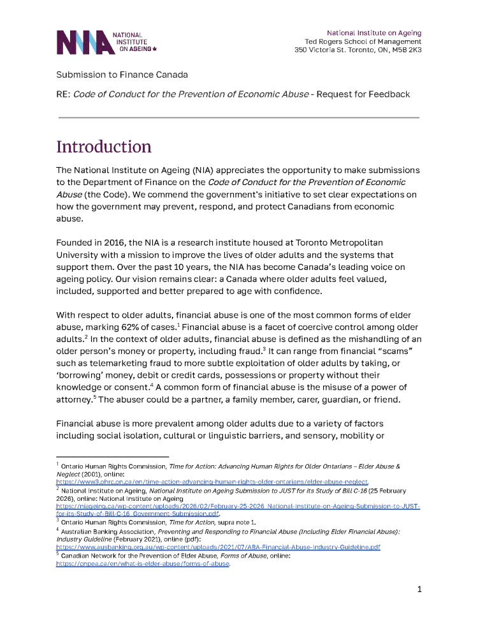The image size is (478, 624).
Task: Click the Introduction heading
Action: coord(104,147)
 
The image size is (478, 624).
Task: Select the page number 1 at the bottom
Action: coord(419,589)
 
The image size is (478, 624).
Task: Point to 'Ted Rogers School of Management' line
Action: coord(363,41)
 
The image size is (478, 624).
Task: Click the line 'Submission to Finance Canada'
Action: coord(122,75)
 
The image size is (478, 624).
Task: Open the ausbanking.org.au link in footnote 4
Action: coord(218,547)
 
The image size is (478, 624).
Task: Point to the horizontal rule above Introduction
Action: coord(238,117)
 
